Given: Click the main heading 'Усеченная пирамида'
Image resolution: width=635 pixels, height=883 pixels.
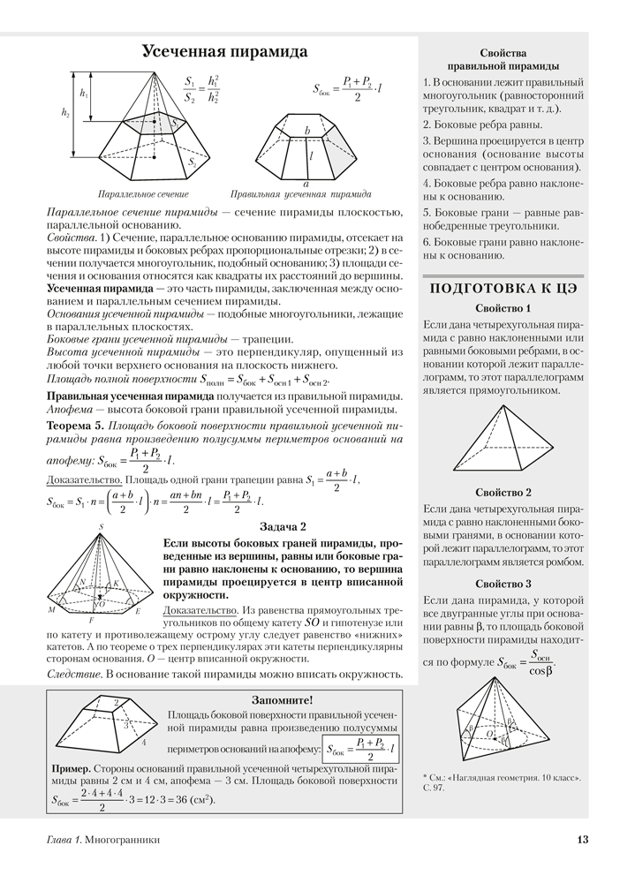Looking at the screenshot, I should pyautogui.click(x=225, y=52).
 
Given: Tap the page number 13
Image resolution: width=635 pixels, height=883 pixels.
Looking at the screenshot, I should pyautogui.click(x=582, y=841).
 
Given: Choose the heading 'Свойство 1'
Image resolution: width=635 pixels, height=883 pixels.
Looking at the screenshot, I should pyautogui.click(x=503, y=309).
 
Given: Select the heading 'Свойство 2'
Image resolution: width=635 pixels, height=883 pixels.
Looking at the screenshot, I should pyautogui.click(x=503, y=492).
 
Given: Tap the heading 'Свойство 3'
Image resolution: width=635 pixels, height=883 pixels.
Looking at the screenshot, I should pyautogui.click(x=503, y=584).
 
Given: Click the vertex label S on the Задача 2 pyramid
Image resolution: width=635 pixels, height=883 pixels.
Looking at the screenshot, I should pyautogui.click(x=102, y=527).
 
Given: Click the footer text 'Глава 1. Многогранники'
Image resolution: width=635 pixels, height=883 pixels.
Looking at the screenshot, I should pyautogui.click(x=103, y=841).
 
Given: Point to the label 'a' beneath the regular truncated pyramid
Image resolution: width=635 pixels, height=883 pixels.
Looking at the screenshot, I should pyautogui.click(x=306, y=184).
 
